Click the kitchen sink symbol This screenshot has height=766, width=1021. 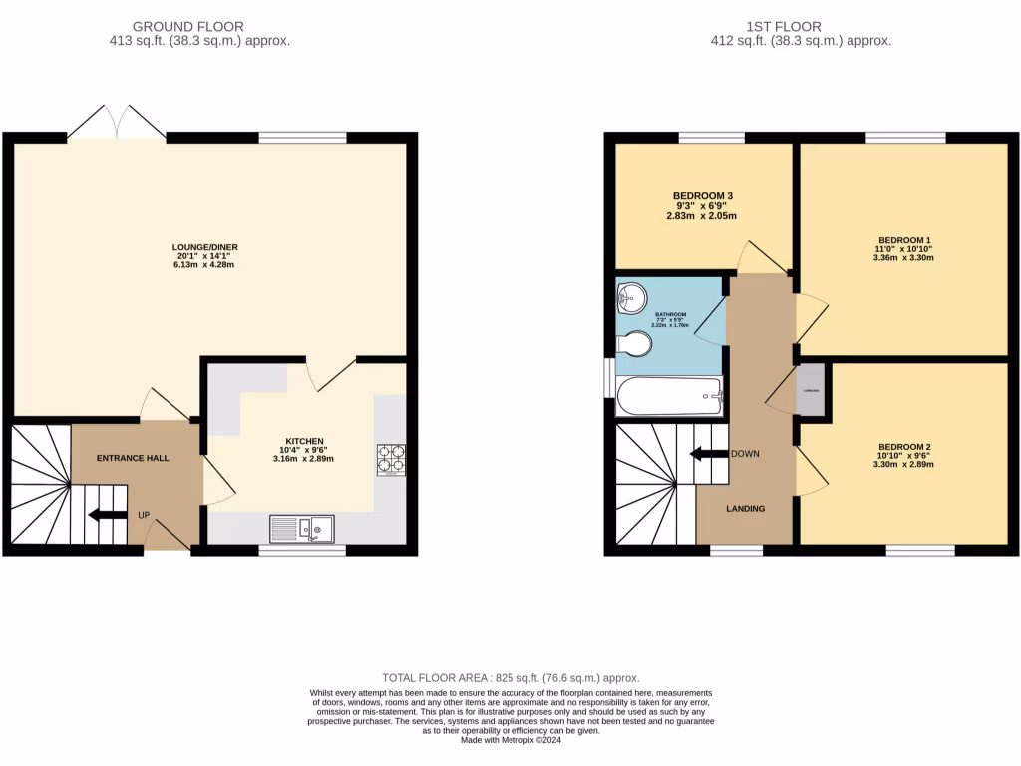302,528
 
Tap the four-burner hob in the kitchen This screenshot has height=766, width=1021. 389,458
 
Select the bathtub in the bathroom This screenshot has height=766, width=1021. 669,396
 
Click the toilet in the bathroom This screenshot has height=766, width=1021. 634,344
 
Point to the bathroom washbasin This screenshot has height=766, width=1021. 630,295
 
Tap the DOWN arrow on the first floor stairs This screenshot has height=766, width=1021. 710,454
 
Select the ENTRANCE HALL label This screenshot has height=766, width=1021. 133,458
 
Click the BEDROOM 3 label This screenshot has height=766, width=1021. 703,195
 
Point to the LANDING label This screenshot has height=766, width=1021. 745,509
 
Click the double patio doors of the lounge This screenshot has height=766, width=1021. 117,123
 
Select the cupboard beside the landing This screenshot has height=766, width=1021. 813,390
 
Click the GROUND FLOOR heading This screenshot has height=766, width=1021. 187,26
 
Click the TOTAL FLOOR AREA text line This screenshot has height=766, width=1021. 510,677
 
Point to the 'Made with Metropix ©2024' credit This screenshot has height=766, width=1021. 510,741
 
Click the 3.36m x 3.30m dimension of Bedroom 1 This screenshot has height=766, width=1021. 903,258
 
